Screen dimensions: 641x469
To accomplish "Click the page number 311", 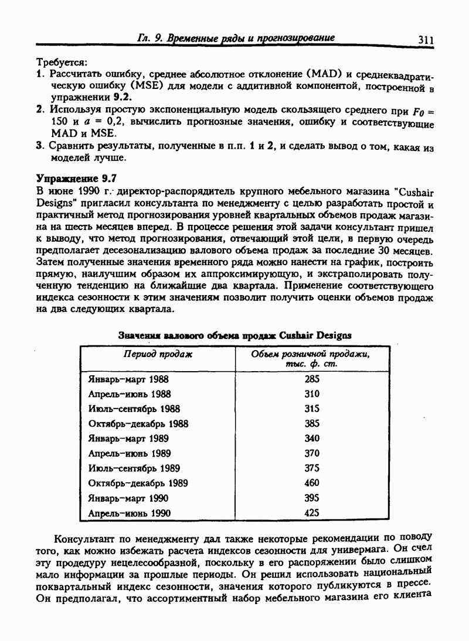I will (x=425, y=40).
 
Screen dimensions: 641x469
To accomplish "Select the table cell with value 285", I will (x=312, y=379).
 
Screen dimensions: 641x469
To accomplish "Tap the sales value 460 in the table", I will (x=312, y=483).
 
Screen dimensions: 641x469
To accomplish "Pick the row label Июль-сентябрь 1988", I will (x=134, y=409).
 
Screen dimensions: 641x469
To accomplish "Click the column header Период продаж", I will (x=157, y=355).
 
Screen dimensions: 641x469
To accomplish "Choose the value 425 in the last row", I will (x=312, y=513).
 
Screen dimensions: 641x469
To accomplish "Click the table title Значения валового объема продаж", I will (x=235, y=335).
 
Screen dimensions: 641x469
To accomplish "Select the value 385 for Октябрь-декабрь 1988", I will (x=312, y=424).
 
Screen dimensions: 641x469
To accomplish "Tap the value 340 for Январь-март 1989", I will (x=312, y=438).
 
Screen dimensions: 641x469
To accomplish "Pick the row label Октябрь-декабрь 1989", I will (x=138, y=483).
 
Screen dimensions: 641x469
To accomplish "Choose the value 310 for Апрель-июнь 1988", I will (x=312, y=394).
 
